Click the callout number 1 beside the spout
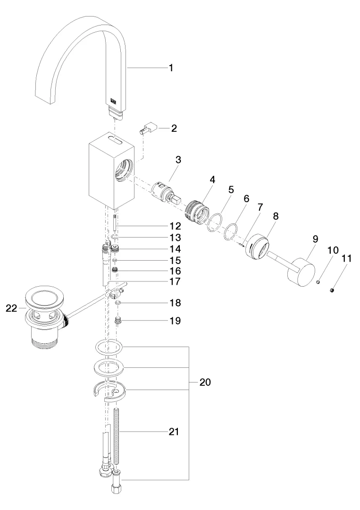(171, 68)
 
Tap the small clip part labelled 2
(149, 128)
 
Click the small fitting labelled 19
(119, 321)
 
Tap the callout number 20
(204, 382)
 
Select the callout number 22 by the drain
(12, 308)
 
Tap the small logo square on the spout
(114, 100)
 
